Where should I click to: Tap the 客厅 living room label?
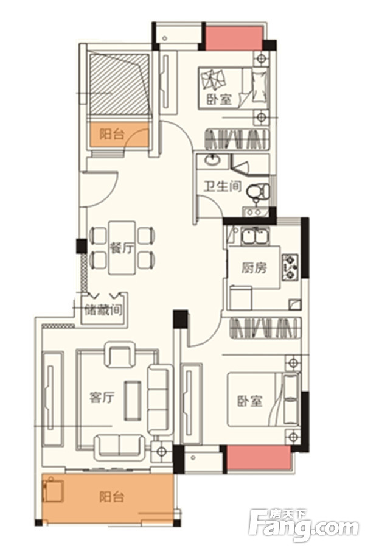102,398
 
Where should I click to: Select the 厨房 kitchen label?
254,268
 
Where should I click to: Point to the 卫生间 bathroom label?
223,186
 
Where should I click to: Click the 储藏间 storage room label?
104,311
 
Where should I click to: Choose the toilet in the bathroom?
259,192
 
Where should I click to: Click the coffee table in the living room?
133,401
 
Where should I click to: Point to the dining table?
122,248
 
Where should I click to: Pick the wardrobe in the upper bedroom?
237,139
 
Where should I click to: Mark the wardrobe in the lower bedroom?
265,328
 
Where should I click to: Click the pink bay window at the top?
234,38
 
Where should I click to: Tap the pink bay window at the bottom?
259,458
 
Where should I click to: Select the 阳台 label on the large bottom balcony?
111,497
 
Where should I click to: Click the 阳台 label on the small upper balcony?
112,134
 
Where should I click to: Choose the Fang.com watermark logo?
304,526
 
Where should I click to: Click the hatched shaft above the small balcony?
119,84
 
